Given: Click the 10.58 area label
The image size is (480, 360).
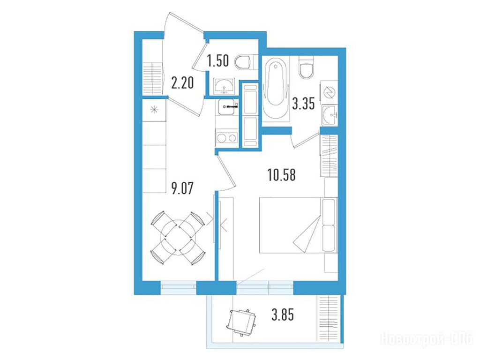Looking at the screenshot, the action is tap(281, 175).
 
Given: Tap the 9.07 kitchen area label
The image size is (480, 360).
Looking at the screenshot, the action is tap(182, 188).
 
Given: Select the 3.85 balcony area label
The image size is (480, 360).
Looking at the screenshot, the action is tap(283, 315).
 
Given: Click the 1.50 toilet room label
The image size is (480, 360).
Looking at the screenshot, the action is tap(217, 60).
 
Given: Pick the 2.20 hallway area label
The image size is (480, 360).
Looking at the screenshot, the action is tap(182, 82).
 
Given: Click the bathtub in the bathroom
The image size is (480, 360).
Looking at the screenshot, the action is tap(276, 89).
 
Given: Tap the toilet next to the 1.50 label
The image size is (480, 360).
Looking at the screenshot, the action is tap(245, 62).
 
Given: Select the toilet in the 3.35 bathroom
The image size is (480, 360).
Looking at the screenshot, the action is tap(306, 67).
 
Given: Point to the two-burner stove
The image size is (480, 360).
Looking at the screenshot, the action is tap(227, 138).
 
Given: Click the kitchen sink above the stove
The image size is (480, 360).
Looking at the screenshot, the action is tap(227, 107).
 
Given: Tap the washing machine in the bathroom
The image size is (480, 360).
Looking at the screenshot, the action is tap(330, 92).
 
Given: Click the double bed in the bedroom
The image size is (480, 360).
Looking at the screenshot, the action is tap(298, 225).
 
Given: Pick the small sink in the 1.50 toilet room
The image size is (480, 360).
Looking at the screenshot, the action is tap(224, 86).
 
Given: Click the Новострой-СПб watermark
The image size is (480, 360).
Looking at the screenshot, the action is tap(427, 339).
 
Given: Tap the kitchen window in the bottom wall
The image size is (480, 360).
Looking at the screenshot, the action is tap(179, 287).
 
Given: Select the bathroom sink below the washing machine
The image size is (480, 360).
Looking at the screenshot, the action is tap(330, 115).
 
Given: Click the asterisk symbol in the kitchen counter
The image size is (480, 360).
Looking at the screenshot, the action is tap(154, 109).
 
